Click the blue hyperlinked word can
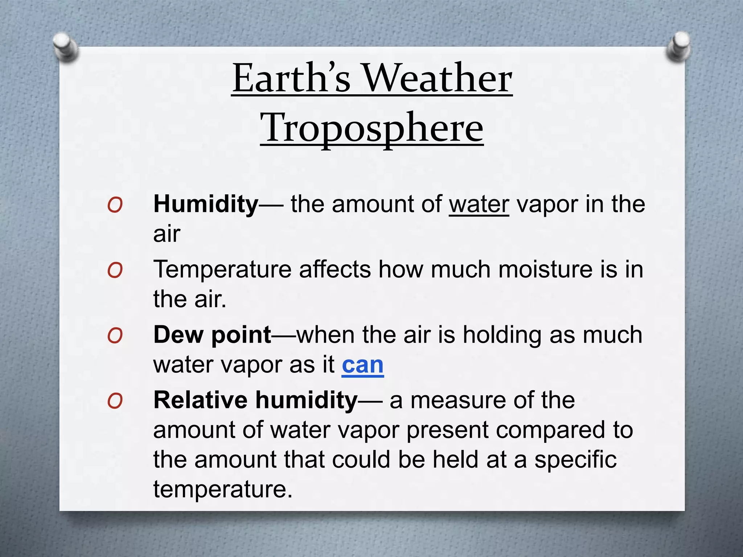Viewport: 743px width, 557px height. (362, 364)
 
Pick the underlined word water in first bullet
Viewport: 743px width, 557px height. (479, 204)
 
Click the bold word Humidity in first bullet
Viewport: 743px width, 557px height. (206, 204)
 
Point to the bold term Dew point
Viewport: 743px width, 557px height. (212, 335)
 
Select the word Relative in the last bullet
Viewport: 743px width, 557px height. (200, 400)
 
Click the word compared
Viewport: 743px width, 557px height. (551, 430)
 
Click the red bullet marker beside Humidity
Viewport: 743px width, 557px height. (115, 205)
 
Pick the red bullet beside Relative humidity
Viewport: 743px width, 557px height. (115, 401)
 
